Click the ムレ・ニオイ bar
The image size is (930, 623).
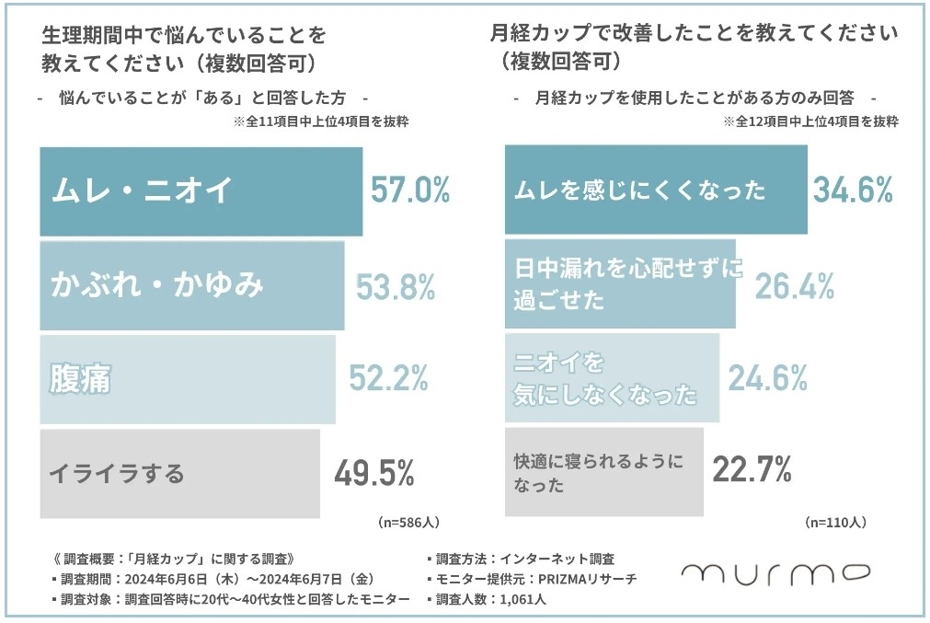[x=201, y=190]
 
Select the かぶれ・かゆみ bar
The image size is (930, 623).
[x=191, y=285]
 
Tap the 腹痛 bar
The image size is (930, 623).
[x=187, y=378]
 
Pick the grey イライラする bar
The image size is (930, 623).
[x=179, y=473]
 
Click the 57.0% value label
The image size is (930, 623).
[x=410, y=190]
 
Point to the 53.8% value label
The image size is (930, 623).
[x=396, y=287]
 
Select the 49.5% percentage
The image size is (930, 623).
[x=373, y=473]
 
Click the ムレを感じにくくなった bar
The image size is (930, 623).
[x=656, y=190]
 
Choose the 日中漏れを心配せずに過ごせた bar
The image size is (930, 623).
[x=620, y=284]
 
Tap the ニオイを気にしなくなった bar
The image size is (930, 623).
[x=612, y=377]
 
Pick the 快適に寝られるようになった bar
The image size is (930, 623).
[x=603, y=471]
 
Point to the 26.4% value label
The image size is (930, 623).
[x=795, y=287]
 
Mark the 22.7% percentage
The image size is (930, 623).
[x=752, y=470]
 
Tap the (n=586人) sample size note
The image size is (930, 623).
[x=408, y=522]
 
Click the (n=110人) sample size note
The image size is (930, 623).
[x=835, y=522]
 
